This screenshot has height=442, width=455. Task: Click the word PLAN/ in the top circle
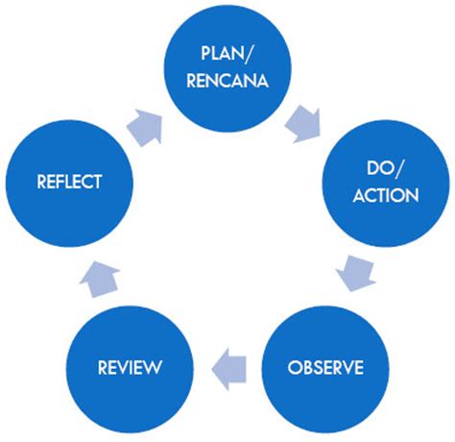pyautogui.click(x=227, y=53)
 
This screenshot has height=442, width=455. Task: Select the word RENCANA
pyautogui.click(x=227, y=80)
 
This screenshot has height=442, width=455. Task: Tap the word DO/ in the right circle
pyautogui.click(x=385, y=168)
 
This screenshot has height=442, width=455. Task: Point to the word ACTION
pyautogui.click(x=386, y=195)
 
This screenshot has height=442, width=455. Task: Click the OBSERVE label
pyautogui.click(x=325, y=367)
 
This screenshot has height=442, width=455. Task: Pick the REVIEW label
pyautogui.click(x=130, y=367)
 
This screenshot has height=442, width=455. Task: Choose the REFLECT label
pyautogui.click(x=69, y=182)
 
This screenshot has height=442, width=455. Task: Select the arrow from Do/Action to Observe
pyautogui.click(x=356, y=273)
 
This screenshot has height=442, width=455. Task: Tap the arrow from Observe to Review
pyautogui.click(x=228, y=369)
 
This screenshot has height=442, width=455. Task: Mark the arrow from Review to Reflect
pyautogui.click(x=100, y=279)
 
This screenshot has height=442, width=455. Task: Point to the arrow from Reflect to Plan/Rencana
pyautogui.click(x=145, y=128)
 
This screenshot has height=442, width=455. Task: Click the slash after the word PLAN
pyautogui.click(x=248, y=54)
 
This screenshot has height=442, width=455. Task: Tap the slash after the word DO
pyautogui.click(x=399, y=168)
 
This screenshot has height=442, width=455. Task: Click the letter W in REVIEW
pyautogui.click(x=153, y=367)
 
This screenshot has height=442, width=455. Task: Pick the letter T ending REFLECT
pyautogui.click(x=98, y=182)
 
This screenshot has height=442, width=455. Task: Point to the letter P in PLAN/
pyautogui.click(x=205, y=53)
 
